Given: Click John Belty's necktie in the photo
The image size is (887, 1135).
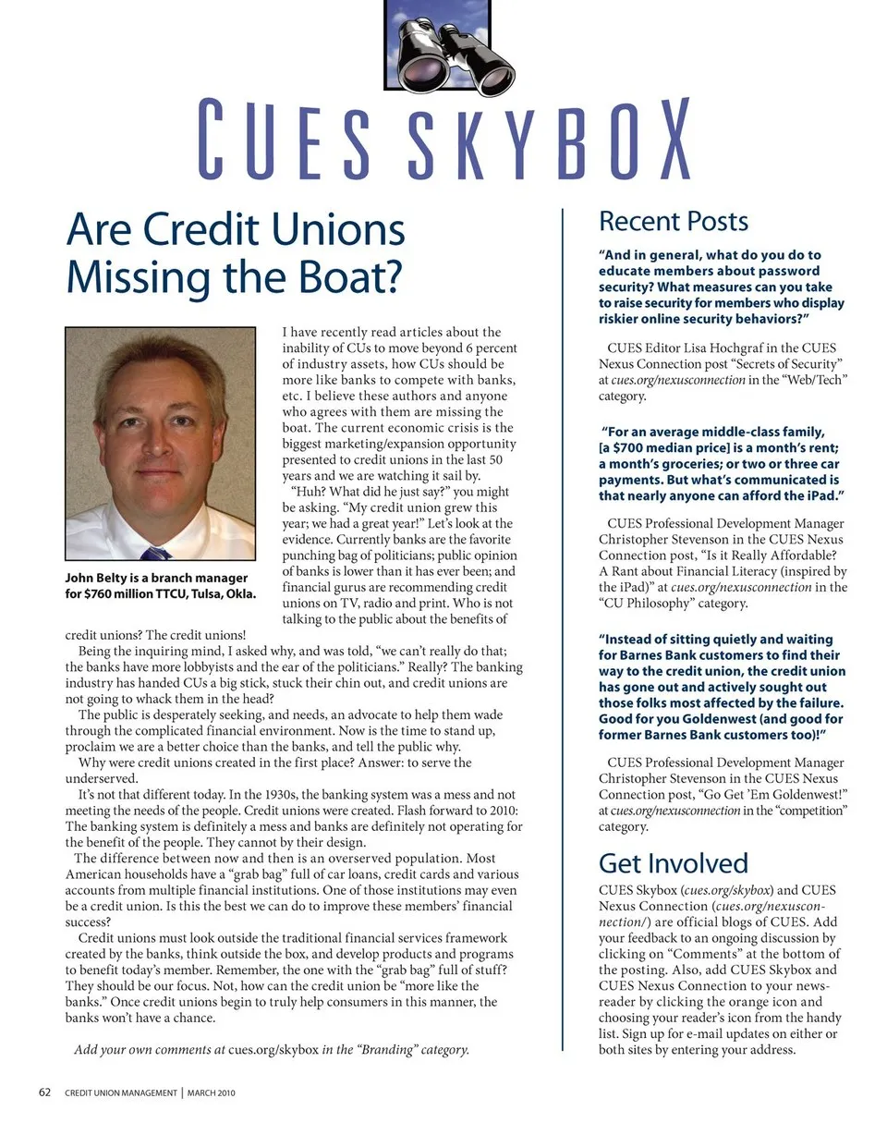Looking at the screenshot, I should click(x=156, y=553).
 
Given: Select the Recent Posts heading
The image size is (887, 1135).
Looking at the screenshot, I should click(x=673, y=222).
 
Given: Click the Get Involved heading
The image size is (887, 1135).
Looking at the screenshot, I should click(x=673, y=863).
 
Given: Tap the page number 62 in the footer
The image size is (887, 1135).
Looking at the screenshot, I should click(x=44, y=1092).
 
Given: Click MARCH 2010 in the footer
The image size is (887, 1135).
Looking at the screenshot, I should click(x=212, y=1093).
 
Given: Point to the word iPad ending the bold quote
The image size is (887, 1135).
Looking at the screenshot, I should click(x=821, y=496).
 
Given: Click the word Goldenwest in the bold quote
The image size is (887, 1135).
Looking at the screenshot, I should click(x=720, y=718).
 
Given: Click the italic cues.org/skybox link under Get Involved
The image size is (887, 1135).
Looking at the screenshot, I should click(x=728, y=890).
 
